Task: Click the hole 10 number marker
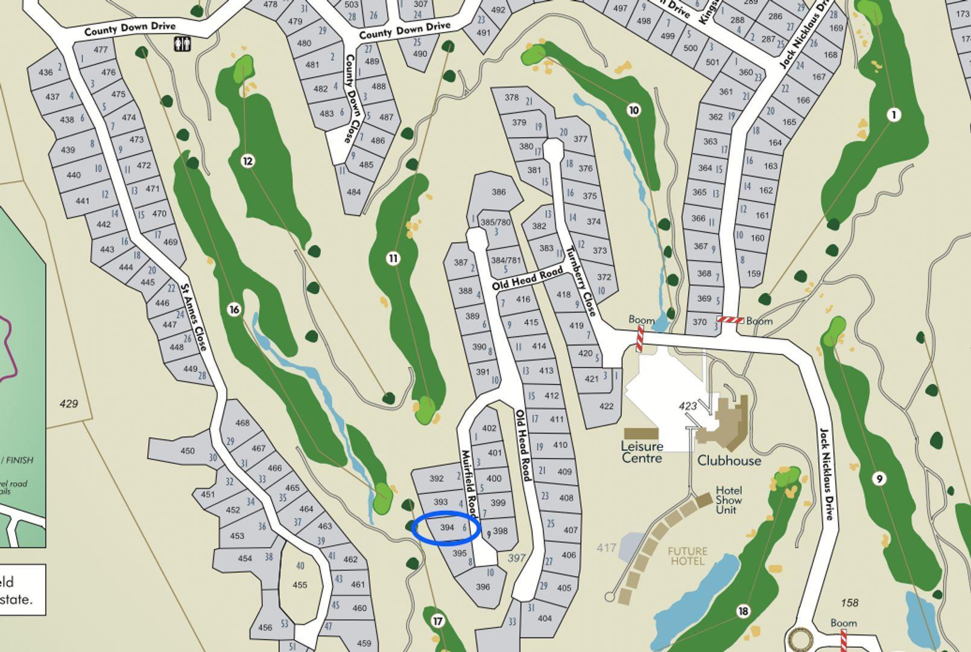tap(633, 110)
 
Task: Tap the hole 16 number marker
tap(234, 310)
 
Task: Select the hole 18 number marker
tap(743, 612)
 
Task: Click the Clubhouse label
tap(729, 461)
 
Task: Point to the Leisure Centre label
tap(642, 452)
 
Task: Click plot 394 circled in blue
tap(447, 528)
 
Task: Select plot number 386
tap(498, 192)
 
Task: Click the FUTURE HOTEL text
tap(688, 556)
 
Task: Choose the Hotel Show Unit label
tap(729, 500)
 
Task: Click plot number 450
tap(188, 450)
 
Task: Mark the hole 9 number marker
tap(879, 479)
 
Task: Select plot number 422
tap(606, 406)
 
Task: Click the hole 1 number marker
tap(894, 115)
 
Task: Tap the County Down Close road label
tap(352, 99)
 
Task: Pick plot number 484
tap(353, 192)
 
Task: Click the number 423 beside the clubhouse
tap(688, 406)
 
